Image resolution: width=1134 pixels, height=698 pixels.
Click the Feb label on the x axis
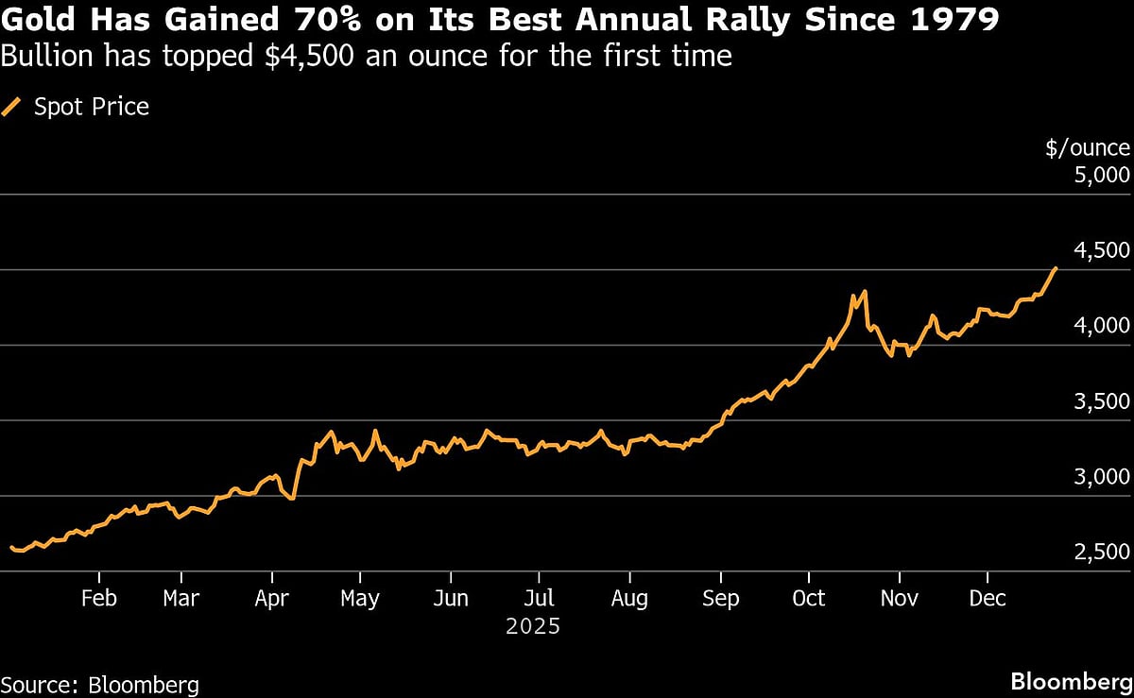click(x=98, y=598)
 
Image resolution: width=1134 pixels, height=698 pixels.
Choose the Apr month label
click(x=272, y=598)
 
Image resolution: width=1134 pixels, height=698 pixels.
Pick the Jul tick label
click(x=539, y=598)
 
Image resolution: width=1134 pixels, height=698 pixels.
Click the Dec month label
click(x=988, y=598)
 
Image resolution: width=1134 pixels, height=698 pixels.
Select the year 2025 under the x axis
click(x=533, y=626)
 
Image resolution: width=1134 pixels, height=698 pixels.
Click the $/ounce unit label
click(x=1088, y=147)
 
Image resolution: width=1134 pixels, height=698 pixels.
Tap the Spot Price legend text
click(x=92, y=107)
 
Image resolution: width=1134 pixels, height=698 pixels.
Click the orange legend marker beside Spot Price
click(x=12, y=107)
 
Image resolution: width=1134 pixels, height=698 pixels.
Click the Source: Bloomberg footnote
click(x=99, y=684)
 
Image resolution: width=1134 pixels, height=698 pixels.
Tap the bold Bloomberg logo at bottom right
click(x=1070, y=682)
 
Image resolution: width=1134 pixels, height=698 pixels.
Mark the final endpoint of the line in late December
click(x=1056, y=268)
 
